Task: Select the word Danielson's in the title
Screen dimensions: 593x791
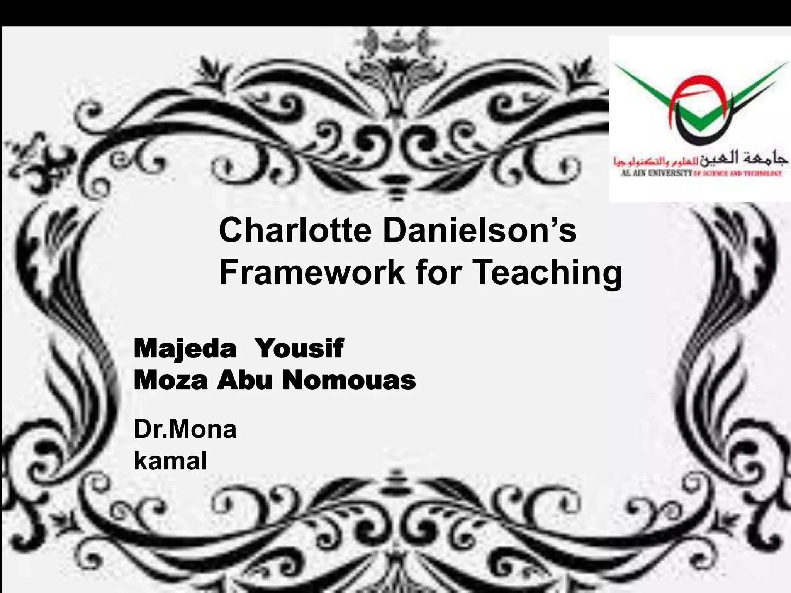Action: (x=479, y=231)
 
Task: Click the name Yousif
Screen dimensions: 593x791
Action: (x=299, y=349)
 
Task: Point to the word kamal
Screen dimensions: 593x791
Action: (x=170, y=461)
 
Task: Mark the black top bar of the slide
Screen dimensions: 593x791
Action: (x=395, y=12)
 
